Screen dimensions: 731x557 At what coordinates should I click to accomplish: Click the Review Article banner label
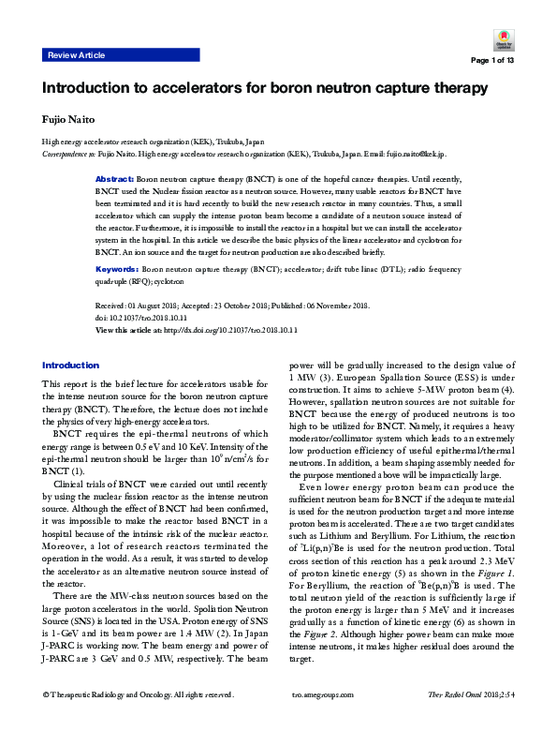[x=76, y=56]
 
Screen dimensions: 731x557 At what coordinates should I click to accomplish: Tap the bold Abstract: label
[x=115, y=176]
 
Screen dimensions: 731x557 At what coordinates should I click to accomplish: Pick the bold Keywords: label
[x=118, y=269]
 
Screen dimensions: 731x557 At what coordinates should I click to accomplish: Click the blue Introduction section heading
[x=70, y=364]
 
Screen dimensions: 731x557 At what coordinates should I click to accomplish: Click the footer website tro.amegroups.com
[x=324, y=720]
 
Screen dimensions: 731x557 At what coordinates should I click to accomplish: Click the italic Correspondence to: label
[x=71, y=152]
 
